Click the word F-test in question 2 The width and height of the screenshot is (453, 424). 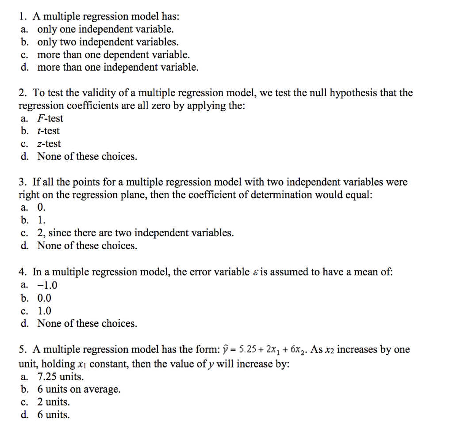pyautogui.click(x=50, y=118)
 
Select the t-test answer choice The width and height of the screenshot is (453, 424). pyautogui.click(x=48, y=131)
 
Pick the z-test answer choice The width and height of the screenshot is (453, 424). pyautogui.click(x=49, y=144)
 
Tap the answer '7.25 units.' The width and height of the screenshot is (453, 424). pyautogui.click(x=60, y=377)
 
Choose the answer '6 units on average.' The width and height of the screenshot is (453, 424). pyautogui.click(x=79, y=390)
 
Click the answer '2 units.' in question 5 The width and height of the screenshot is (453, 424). pyautogui.click(x=54, y=402)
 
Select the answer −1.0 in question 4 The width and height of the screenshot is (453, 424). pyautogui.click(x=47, y=285)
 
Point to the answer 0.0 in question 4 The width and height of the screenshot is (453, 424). pyautogui.click(x=44, y=298)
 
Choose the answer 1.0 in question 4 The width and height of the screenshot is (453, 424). pyautogui.click(x=44, y=311)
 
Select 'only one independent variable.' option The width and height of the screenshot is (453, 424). pyautogui.click(x=105, y=30)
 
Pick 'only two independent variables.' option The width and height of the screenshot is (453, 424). pyautogui.click(x=108, y=42)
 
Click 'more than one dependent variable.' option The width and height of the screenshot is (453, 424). pyautogui.click(x=113, y=55)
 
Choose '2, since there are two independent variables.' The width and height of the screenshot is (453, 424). pyautogui.click(x=135, y=233)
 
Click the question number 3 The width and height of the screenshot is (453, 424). pyautogui.click(x=22, y=182)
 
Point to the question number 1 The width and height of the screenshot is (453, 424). pyautogui.click(x=22, y=17)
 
